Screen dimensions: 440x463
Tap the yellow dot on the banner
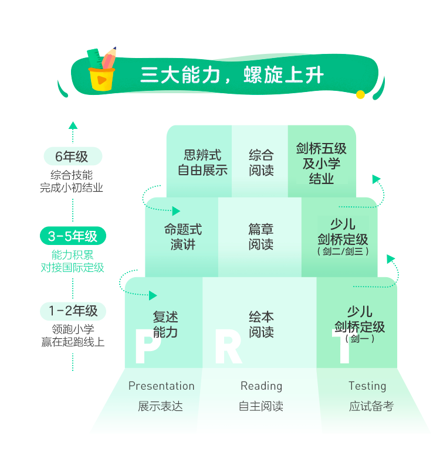click(x=360, y=94)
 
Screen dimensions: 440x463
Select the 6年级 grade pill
click(x=73, y=156)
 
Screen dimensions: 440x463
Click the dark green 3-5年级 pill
click(x=73, y=236)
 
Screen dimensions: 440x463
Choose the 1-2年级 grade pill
click(x=73, y=311)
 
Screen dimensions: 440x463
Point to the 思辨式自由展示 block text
click(x=202, y=162)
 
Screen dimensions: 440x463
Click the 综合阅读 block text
click(x=261, y=162)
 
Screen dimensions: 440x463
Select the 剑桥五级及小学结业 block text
click(x=321, y=164)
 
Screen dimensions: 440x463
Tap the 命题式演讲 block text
click(x=183, y=237)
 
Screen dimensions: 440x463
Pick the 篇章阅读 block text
click(x=261, y=237)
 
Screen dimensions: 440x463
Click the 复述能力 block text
click(x=165, y=324)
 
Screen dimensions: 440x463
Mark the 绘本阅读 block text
click(x=261, y=324)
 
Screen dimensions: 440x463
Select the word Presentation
click(x=161, y=386)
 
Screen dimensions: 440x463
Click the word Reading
click(x=261, y=386)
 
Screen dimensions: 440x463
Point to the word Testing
click(x=367, y=386)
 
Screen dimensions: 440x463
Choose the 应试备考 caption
click(x=371, y=406)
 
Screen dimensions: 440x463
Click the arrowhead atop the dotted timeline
click(x=73, y=125)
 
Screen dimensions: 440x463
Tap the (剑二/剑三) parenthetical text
click(x=343, y=251)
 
